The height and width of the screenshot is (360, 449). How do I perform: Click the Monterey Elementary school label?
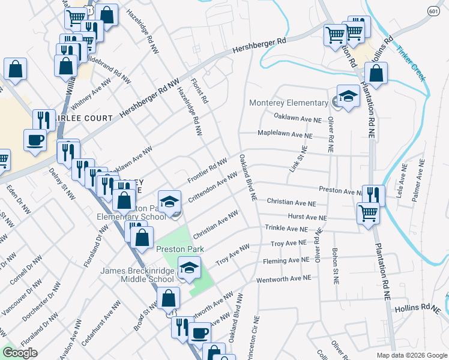(x=290, y=103)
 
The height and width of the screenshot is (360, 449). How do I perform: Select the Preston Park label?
(x=180, y=249)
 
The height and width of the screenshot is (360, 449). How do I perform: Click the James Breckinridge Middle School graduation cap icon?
(x=190, y=268)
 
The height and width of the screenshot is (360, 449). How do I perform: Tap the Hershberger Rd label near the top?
(x=260, y=45)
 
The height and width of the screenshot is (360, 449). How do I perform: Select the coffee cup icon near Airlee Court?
(x=34, y=140)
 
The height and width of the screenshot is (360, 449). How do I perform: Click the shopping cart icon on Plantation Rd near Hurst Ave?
(x=367, y=212)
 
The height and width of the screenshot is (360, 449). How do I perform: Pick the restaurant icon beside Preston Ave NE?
(x=373, y=194)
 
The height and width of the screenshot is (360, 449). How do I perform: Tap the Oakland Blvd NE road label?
(x=248, y=178)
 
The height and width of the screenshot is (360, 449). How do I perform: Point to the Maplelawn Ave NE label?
(x=285, y=135)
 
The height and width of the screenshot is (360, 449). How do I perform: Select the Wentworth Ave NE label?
(x=283, y=279)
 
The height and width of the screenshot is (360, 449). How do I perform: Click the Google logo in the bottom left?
(x=19, y=353)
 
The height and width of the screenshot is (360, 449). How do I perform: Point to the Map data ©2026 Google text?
(x=411, y=355)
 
